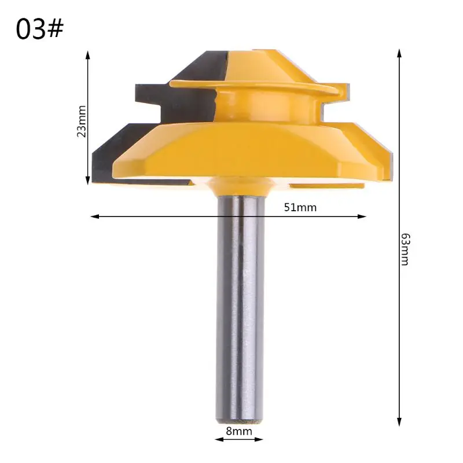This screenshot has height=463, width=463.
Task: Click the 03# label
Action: click(39, 29)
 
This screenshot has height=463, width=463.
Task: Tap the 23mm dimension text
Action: click(82, 121)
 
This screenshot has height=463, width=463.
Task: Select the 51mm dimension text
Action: click(300, 207)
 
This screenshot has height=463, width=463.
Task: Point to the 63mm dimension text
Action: click(406, 249)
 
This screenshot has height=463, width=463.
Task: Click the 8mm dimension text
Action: click(239, 431)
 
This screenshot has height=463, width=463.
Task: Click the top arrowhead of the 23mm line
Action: click(87, 55)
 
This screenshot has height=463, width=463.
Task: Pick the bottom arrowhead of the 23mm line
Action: click(87, 180)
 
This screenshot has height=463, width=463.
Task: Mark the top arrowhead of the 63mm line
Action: click(399, 53)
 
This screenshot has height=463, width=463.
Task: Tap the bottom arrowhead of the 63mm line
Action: click(399, 422)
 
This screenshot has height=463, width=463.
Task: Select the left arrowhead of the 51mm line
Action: click(95, 216)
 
